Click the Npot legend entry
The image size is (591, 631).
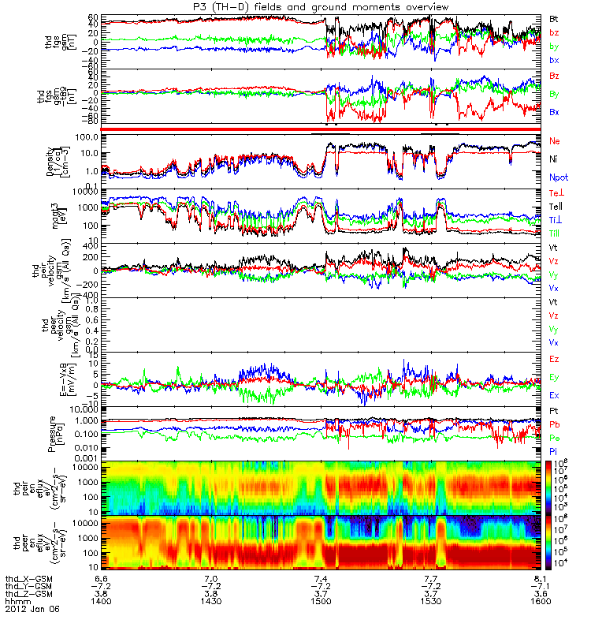point(558,178)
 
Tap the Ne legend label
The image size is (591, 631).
point(555,140)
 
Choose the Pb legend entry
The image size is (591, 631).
point(555,425)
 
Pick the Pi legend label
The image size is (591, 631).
point(554,450)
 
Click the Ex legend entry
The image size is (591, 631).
point(555,395)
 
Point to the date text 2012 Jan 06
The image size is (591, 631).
point(28,609)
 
